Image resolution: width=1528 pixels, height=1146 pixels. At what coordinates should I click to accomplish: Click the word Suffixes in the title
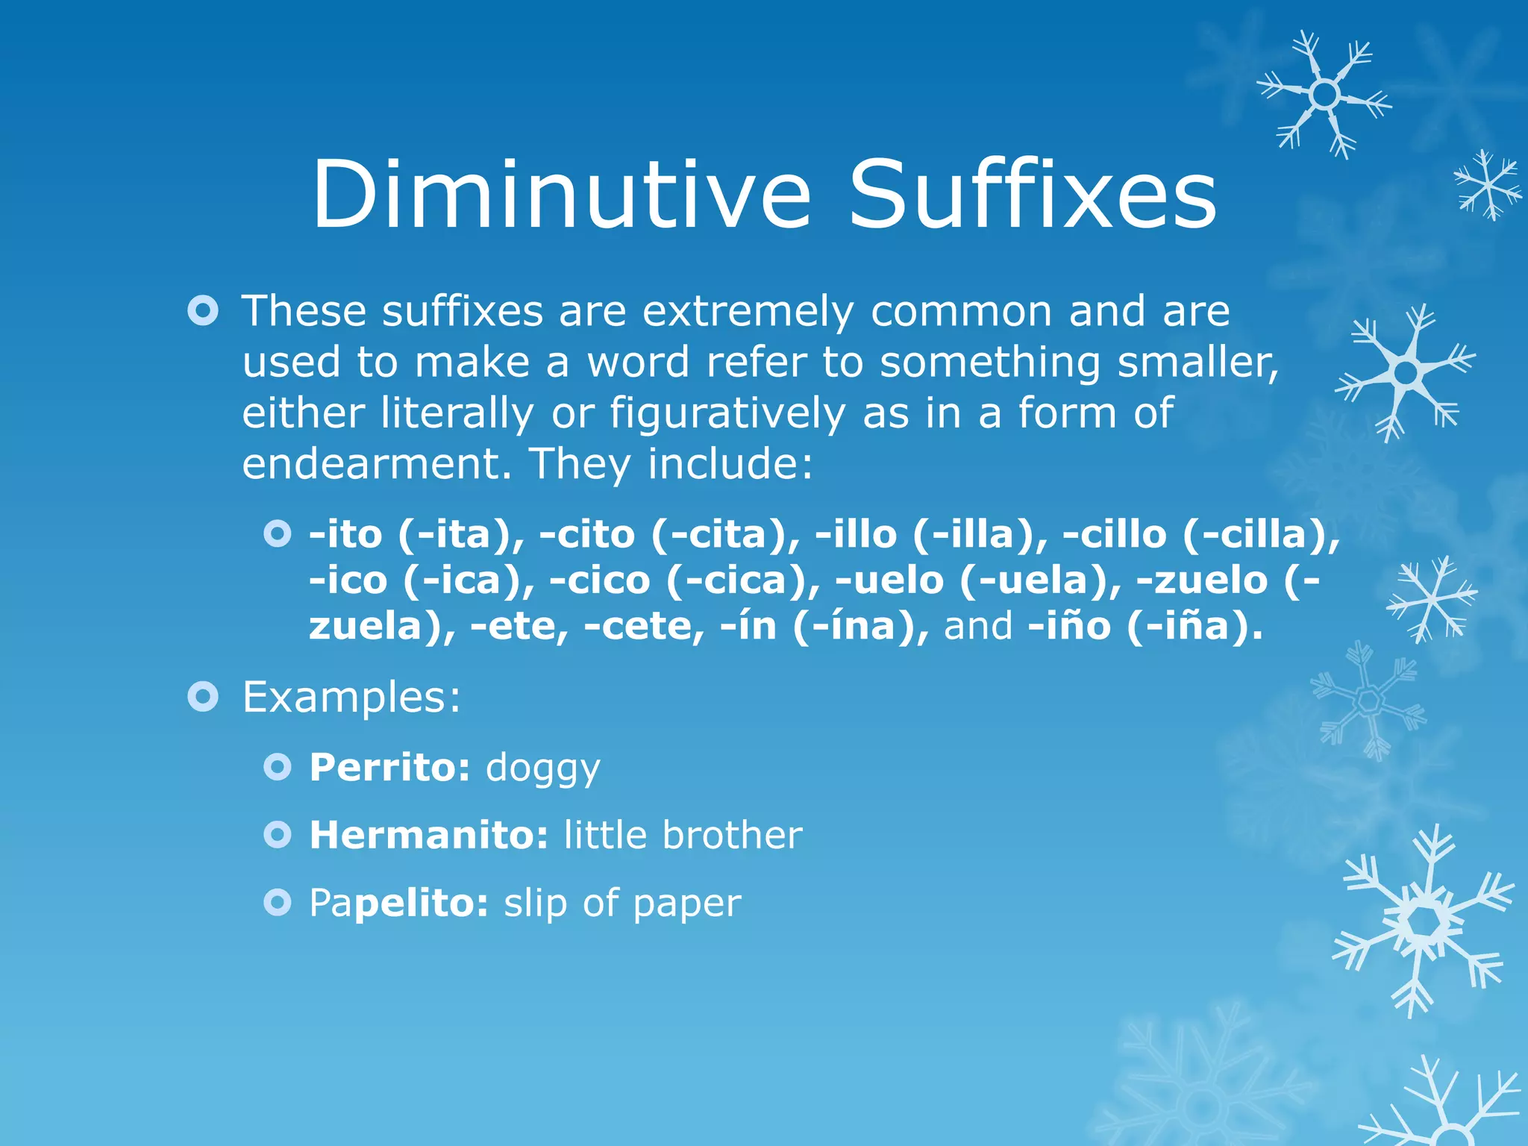click(x=1033, y=195)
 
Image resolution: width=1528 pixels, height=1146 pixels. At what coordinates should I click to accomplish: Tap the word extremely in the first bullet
click(x=748, y=311)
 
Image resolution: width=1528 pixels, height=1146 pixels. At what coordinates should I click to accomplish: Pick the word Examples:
click(x=351, y=698)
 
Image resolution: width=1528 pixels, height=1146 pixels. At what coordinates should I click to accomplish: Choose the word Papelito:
click(x=399, y=904)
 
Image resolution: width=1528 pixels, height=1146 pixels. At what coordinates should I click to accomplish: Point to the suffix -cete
click(x=644, y=625)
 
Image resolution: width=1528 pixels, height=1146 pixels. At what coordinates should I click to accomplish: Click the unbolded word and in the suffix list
click(x=978, y=625)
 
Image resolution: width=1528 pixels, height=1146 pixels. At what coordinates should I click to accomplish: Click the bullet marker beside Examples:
click(x=203, y=697)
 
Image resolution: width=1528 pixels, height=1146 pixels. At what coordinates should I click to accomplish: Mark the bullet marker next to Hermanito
click(x=278, y=835)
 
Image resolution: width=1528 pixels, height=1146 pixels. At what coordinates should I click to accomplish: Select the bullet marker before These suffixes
click(x=203, y=311)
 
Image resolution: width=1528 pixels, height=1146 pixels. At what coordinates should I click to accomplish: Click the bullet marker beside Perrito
click(x=278, y=767)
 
